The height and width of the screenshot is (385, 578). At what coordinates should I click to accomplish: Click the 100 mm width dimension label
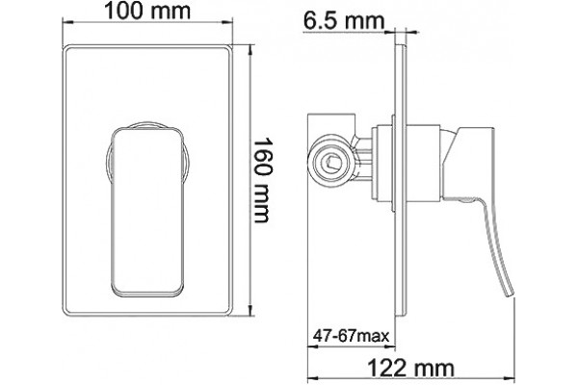[x=147, y=11]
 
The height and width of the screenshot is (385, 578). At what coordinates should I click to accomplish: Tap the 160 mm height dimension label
[x=262, y=181]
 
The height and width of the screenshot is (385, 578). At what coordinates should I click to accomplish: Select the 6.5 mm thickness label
[x=344, y=21]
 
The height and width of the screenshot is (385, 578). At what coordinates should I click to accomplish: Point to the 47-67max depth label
[x=351, y=336]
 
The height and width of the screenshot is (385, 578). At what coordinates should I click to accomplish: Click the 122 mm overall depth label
[x=411, y=368]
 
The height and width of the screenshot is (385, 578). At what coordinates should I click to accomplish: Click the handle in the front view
[x=147, y=212]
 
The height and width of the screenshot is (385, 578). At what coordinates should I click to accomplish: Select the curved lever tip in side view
[x=511, y=292]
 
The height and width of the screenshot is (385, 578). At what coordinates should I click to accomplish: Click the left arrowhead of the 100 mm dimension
[x=67, y=22]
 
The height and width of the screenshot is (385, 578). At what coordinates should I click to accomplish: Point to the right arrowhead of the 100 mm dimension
[x=227, y=22]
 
